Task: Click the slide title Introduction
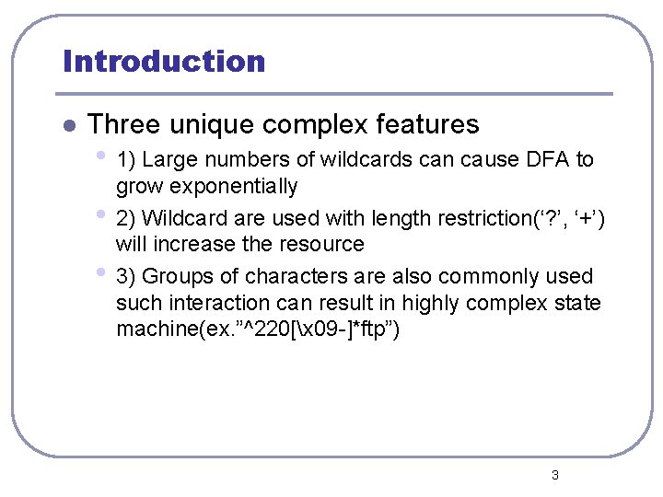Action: (x=164, y=62)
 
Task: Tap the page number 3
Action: (x=554, y=475)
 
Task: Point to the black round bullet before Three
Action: (x=66, y=125)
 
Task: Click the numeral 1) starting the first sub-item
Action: (x=126, y=160)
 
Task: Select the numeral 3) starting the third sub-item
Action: (x=126, y=276)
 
